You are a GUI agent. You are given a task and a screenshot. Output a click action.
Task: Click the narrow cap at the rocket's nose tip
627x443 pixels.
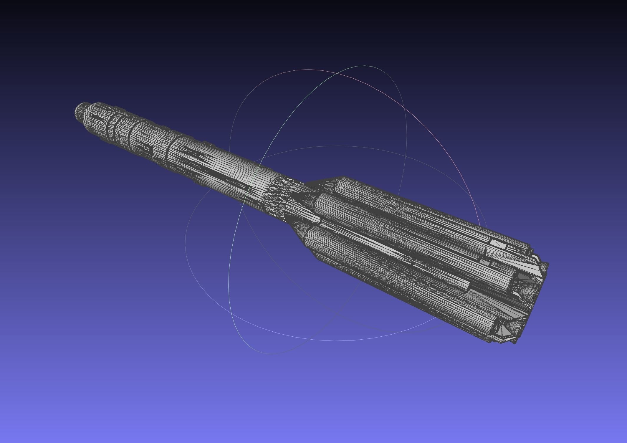79,111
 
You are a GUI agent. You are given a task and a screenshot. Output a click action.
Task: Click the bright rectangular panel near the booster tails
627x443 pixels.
498,243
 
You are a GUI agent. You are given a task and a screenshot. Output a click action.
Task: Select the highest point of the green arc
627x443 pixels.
365,66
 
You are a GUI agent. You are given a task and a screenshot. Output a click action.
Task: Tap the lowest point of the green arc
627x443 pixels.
269,354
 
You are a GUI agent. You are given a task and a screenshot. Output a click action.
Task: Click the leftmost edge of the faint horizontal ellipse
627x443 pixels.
185,244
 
